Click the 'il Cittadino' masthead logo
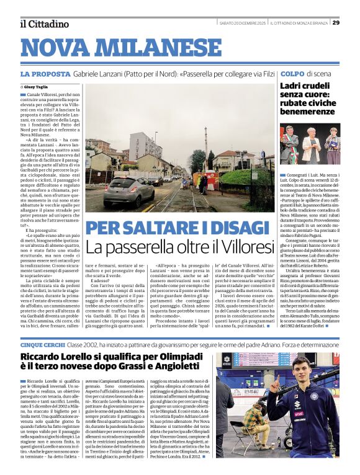pyautogui.click(x=43, y=24)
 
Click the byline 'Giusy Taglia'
pyautogui.click(x=37, y=87)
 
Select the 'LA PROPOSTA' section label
pyautogui.click(x=45, y=74)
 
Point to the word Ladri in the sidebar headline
pyautogui.click(x=293, y=86)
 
